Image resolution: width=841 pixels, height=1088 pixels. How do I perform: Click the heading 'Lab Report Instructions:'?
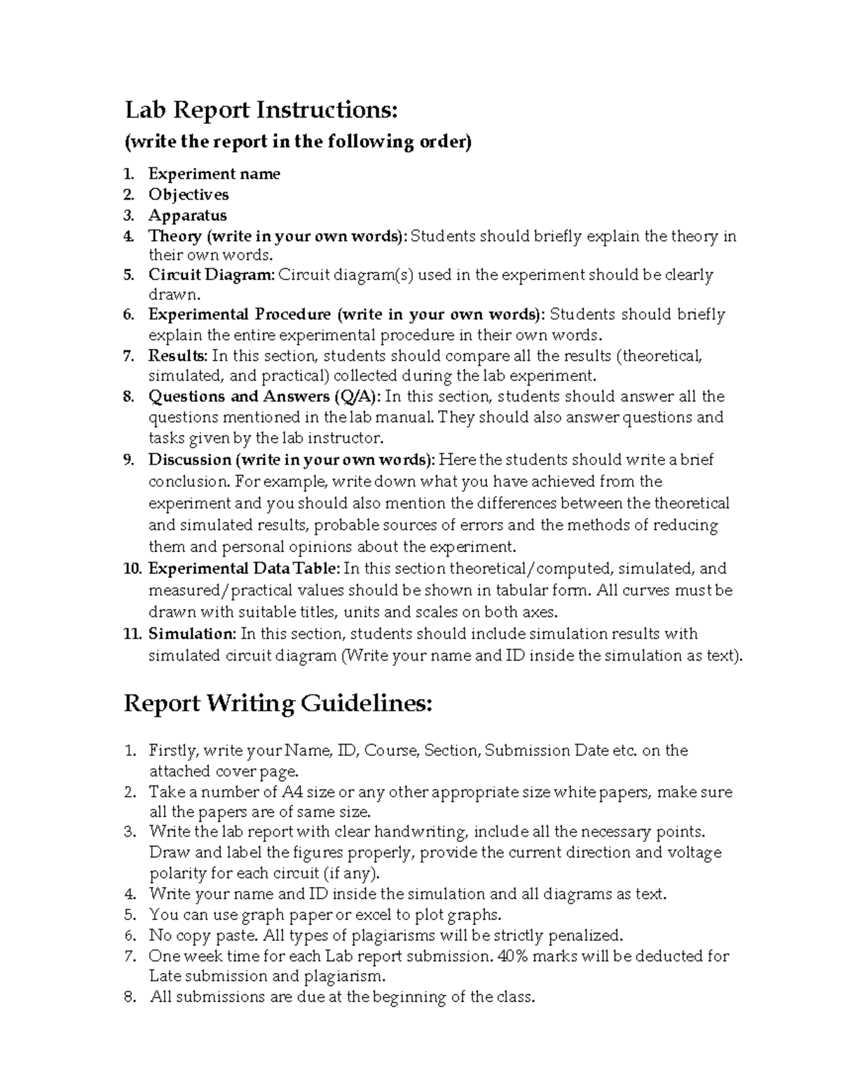[261, 110]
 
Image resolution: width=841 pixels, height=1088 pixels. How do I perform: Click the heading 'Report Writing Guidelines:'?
[278, 703]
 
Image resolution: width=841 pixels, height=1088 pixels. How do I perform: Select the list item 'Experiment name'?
[214, 174]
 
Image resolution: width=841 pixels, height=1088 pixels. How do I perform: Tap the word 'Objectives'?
[188, 194]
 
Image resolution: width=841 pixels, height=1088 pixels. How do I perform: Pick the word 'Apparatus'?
[187, 215]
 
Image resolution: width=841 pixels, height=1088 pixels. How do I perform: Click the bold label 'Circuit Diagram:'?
[212, 275]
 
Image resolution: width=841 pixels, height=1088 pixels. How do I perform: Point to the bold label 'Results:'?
[177, 356]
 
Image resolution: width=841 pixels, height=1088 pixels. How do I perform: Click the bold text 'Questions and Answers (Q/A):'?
[265, 397]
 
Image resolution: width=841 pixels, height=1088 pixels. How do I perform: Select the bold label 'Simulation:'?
[192, 634]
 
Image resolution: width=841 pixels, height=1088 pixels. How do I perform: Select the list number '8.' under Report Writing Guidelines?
[130, 997]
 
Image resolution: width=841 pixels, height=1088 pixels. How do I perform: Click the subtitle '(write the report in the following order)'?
[298, 142]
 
